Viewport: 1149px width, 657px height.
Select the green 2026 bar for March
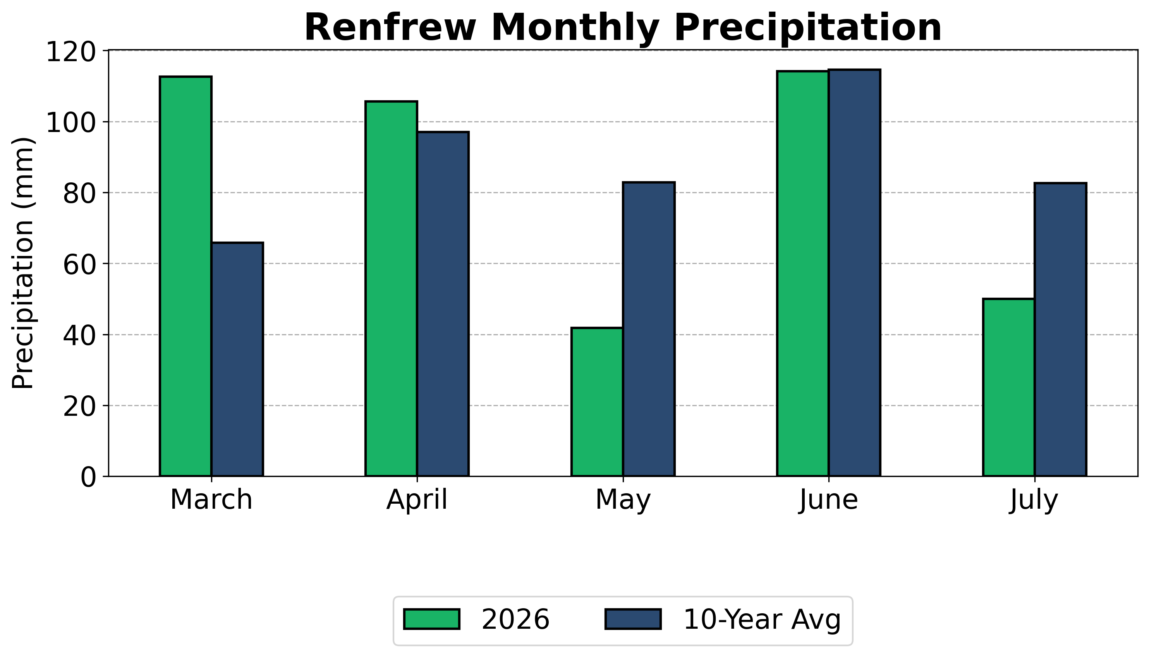click(185, 276)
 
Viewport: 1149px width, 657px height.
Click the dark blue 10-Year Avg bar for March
click(237, 359)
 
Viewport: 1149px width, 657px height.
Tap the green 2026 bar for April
click(391, 289)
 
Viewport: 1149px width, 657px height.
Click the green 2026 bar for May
click(597, 401)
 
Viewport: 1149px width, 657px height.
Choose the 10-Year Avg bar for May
click(649, 329)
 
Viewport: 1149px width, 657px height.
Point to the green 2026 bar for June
click(803, 273)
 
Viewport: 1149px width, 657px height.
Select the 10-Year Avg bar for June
click(855, 273)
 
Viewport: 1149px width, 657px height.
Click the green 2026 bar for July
click(1009, 387)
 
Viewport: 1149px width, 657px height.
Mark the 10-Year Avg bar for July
click(1061, 329)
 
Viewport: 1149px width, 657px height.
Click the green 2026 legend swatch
click(432, 619)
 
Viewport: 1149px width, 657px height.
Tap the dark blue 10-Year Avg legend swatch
click(633, 619)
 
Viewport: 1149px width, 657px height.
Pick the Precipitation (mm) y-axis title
click(22, 262)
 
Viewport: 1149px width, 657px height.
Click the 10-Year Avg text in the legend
click(762, 619)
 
